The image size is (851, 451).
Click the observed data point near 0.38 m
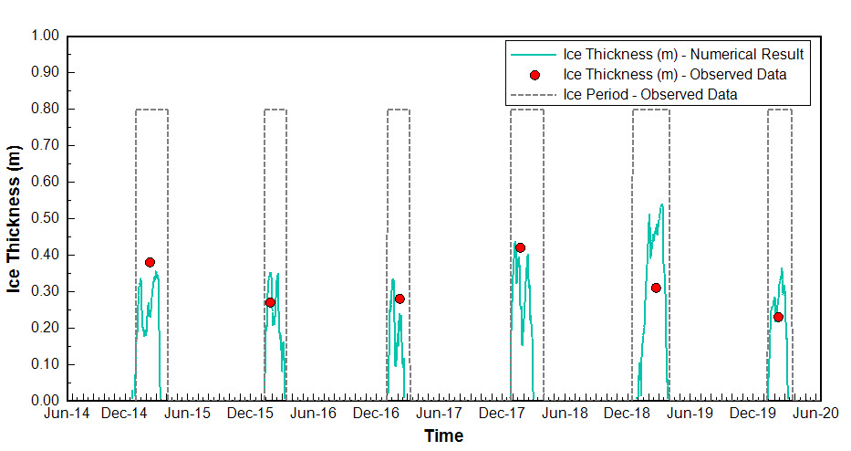(x=150, y=262)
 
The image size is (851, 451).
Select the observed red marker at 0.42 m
(x=520, y=247)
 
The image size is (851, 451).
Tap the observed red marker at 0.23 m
(x=778, y=317)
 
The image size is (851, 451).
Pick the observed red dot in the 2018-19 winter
(x=656, y=288)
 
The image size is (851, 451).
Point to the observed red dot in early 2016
(x=270, y=302)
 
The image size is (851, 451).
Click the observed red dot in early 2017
(x=400, y=299)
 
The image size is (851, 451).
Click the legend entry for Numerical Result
(x=683, y=54)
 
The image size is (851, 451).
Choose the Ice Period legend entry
(x=650, y=94)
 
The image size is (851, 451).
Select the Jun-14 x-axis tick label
(x=67, y=414)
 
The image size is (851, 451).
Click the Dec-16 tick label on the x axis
(x=379, y=414)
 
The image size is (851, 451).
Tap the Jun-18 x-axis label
(x=566, y=414)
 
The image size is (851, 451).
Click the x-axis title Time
(x=443, y=435)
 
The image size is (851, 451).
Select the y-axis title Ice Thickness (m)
(x=15, y=218)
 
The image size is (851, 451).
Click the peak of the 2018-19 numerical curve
(x=661, y=205)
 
